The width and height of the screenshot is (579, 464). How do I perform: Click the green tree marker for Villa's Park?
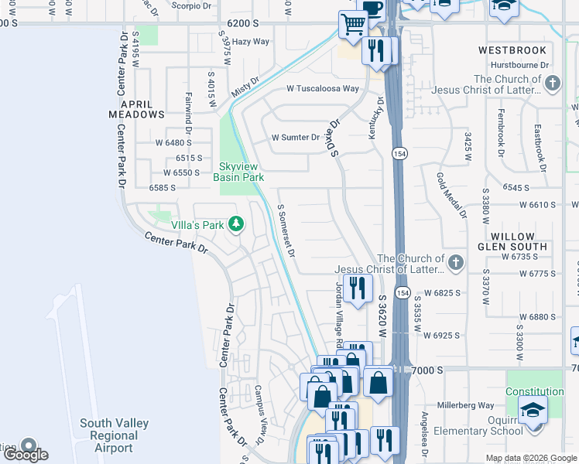coord(237,225)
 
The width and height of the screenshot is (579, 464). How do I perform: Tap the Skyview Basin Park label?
coord(242,172)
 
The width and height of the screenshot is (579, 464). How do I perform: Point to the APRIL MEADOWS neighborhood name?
coord(141,108)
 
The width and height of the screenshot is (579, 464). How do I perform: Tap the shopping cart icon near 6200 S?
coord(353,25)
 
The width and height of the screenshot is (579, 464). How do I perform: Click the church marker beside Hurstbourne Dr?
coord(552,84)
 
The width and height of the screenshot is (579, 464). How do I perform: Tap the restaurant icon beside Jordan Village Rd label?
coord(356,290)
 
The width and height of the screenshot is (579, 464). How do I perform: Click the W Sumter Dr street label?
coord(295,138)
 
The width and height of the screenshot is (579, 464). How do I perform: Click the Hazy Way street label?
coord(251,42)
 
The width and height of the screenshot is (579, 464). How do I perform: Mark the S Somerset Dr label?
coord(286,230)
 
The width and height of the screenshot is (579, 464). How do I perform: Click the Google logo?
coord(26,454)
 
